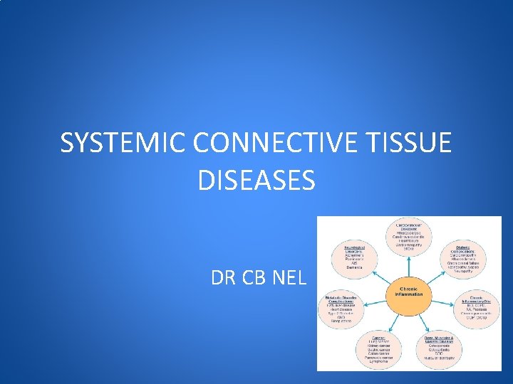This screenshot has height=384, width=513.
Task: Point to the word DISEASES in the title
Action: [x=256, y=180]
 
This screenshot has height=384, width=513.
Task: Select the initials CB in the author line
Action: [x=253, y=279]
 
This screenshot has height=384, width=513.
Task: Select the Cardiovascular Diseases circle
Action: [x=409, y=240]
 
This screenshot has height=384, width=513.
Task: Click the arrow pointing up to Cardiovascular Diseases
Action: [x=409, y=267]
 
